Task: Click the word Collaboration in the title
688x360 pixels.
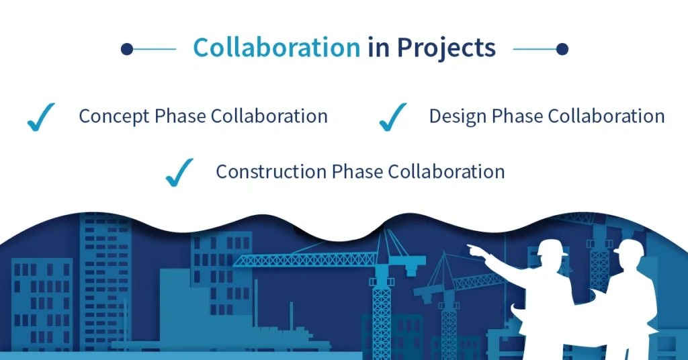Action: click(276, 48)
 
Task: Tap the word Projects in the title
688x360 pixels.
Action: click(446, 48)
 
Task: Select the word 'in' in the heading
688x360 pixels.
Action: click(378, 48)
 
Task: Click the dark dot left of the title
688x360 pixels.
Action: click(126, 49)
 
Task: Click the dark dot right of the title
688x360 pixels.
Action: click(562, 49)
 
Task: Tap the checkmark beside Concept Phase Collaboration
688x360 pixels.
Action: click(40, 117)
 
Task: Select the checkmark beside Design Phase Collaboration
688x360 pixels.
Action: click(392, 117)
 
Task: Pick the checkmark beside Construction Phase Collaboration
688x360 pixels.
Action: click(179, 172)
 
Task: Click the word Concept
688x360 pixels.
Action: click(114, 116)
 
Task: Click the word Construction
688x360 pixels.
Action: click(271, 171)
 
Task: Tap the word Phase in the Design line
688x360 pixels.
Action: click(518, 116)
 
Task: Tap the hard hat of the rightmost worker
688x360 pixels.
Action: click(628, 249)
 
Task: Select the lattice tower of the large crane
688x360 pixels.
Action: click(382, 302)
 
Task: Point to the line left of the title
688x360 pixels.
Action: click(155, 49)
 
